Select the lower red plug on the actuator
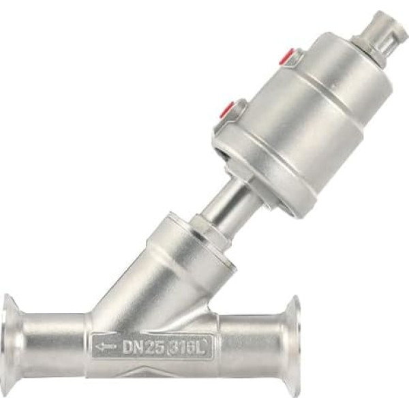[x=230, y=110]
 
